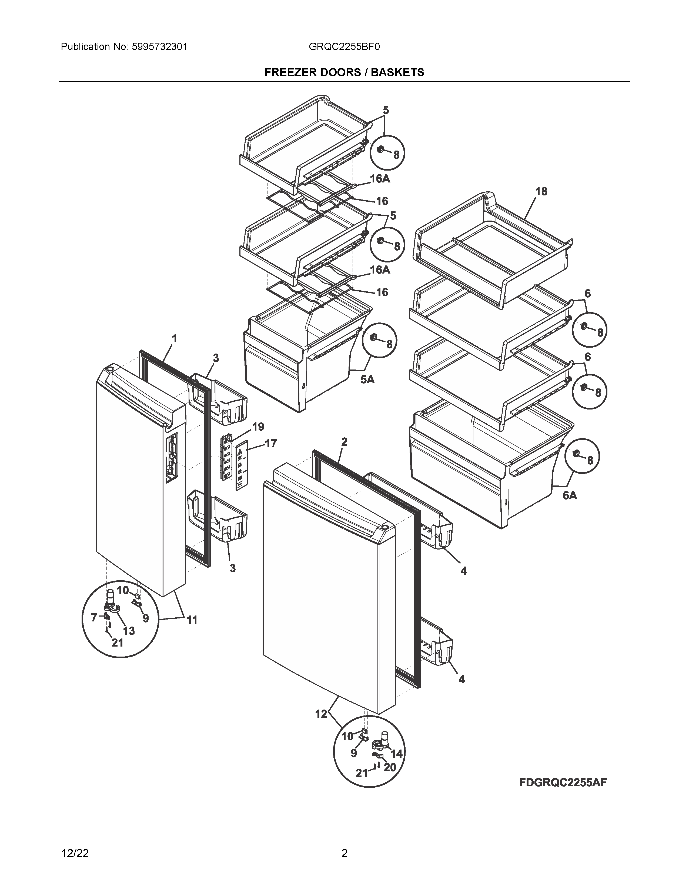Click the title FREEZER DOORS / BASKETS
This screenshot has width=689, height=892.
click(344, 72)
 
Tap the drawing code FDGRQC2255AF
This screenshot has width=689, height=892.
click(563, 782)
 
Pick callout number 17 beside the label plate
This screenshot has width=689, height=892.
click(270, 444)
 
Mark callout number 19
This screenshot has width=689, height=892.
click(258, 427)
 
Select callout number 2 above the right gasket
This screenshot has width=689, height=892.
click(344, 441)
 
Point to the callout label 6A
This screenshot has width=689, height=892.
click(570, 495)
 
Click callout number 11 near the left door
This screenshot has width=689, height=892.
click(192, 620)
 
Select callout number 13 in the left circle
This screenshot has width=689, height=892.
click(129, 631)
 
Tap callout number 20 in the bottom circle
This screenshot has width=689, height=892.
click(390, 767)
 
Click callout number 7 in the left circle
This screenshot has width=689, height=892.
click(94, 618)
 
